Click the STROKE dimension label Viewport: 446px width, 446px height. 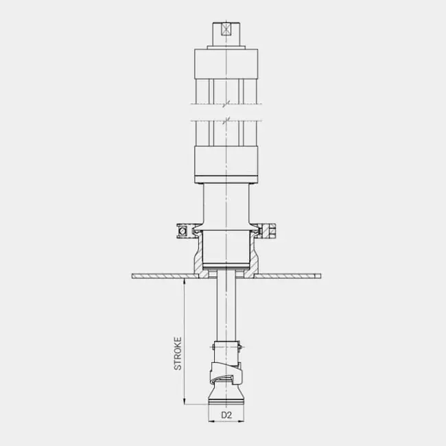click(178, 353)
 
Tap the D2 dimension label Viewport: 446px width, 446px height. click(226, 415)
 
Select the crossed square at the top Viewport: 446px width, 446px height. click(226, 30)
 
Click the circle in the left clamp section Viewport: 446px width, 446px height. click(183, 231)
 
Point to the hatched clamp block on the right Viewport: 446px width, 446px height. click(268, 231)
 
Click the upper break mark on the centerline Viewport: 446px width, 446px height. click(226, 104)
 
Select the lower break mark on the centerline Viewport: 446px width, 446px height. click(226, 121)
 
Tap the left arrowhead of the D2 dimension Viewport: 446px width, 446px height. click(211, 421)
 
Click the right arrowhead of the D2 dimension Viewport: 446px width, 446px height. click(242, 421)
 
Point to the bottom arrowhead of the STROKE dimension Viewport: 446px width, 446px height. click(185, 401)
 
